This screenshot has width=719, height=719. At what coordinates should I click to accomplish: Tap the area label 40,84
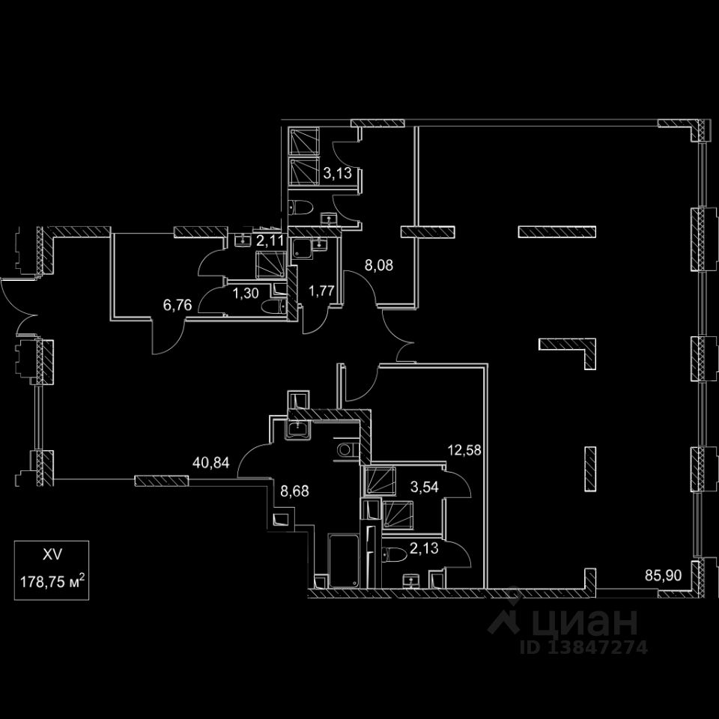(210, 462)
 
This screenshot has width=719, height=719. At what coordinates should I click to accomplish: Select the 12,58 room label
(465, 450)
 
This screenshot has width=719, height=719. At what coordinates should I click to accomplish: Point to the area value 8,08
(379, 264)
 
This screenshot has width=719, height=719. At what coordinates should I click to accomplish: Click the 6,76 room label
(178, 305)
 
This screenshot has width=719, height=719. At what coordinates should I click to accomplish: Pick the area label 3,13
(337, 175)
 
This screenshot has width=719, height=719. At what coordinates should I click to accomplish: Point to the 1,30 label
(246, 293)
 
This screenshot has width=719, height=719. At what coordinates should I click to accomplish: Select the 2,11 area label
(270, 240)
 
